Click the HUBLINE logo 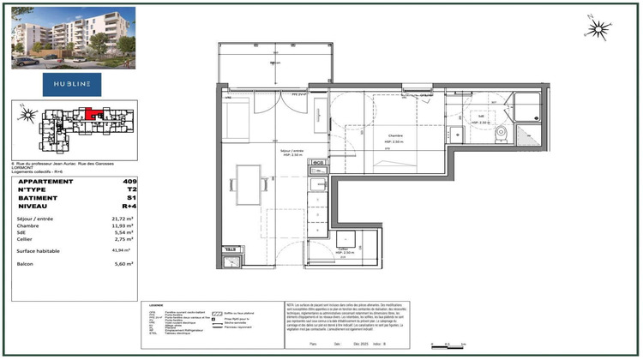[72, 82]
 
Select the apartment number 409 [129, 182]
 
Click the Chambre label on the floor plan [394, 135]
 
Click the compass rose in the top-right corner [598, 29]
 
